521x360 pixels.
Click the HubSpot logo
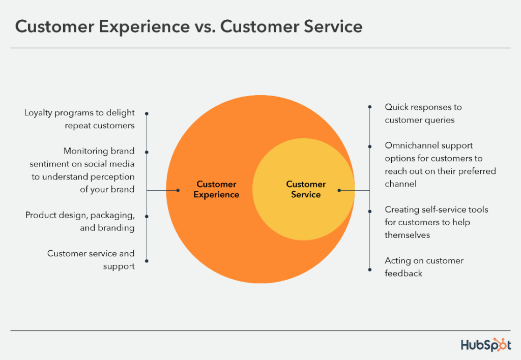click(x=486, y=345)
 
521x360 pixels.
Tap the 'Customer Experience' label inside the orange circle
click(x=216, y=189)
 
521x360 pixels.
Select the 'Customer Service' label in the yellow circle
click(x=306, y=189)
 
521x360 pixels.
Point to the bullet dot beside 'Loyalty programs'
click(x=147, y=113)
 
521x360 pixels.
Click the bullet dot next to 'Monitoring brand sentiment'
click(x=147, y=152)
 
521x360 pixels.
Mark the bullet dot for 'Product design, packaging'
click(x=147, y=216)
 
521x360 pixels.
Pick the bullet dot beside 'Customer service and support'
click(x=147, y=261)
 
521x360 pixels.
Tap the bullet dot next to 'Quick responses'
click(x=369, y=107)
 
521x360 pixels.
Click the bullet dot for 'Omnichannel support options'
click(x=369, y=145)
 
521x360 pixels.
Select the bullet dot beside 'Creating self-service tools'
click(x=369, y=209)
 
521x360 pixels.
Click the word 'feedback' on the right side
click(x=403, y=274)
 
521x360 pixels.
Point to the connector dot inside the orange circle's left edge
click(x=178, y=190)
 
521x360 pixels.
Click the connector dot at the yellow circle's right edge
click(x=339, y=190)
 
